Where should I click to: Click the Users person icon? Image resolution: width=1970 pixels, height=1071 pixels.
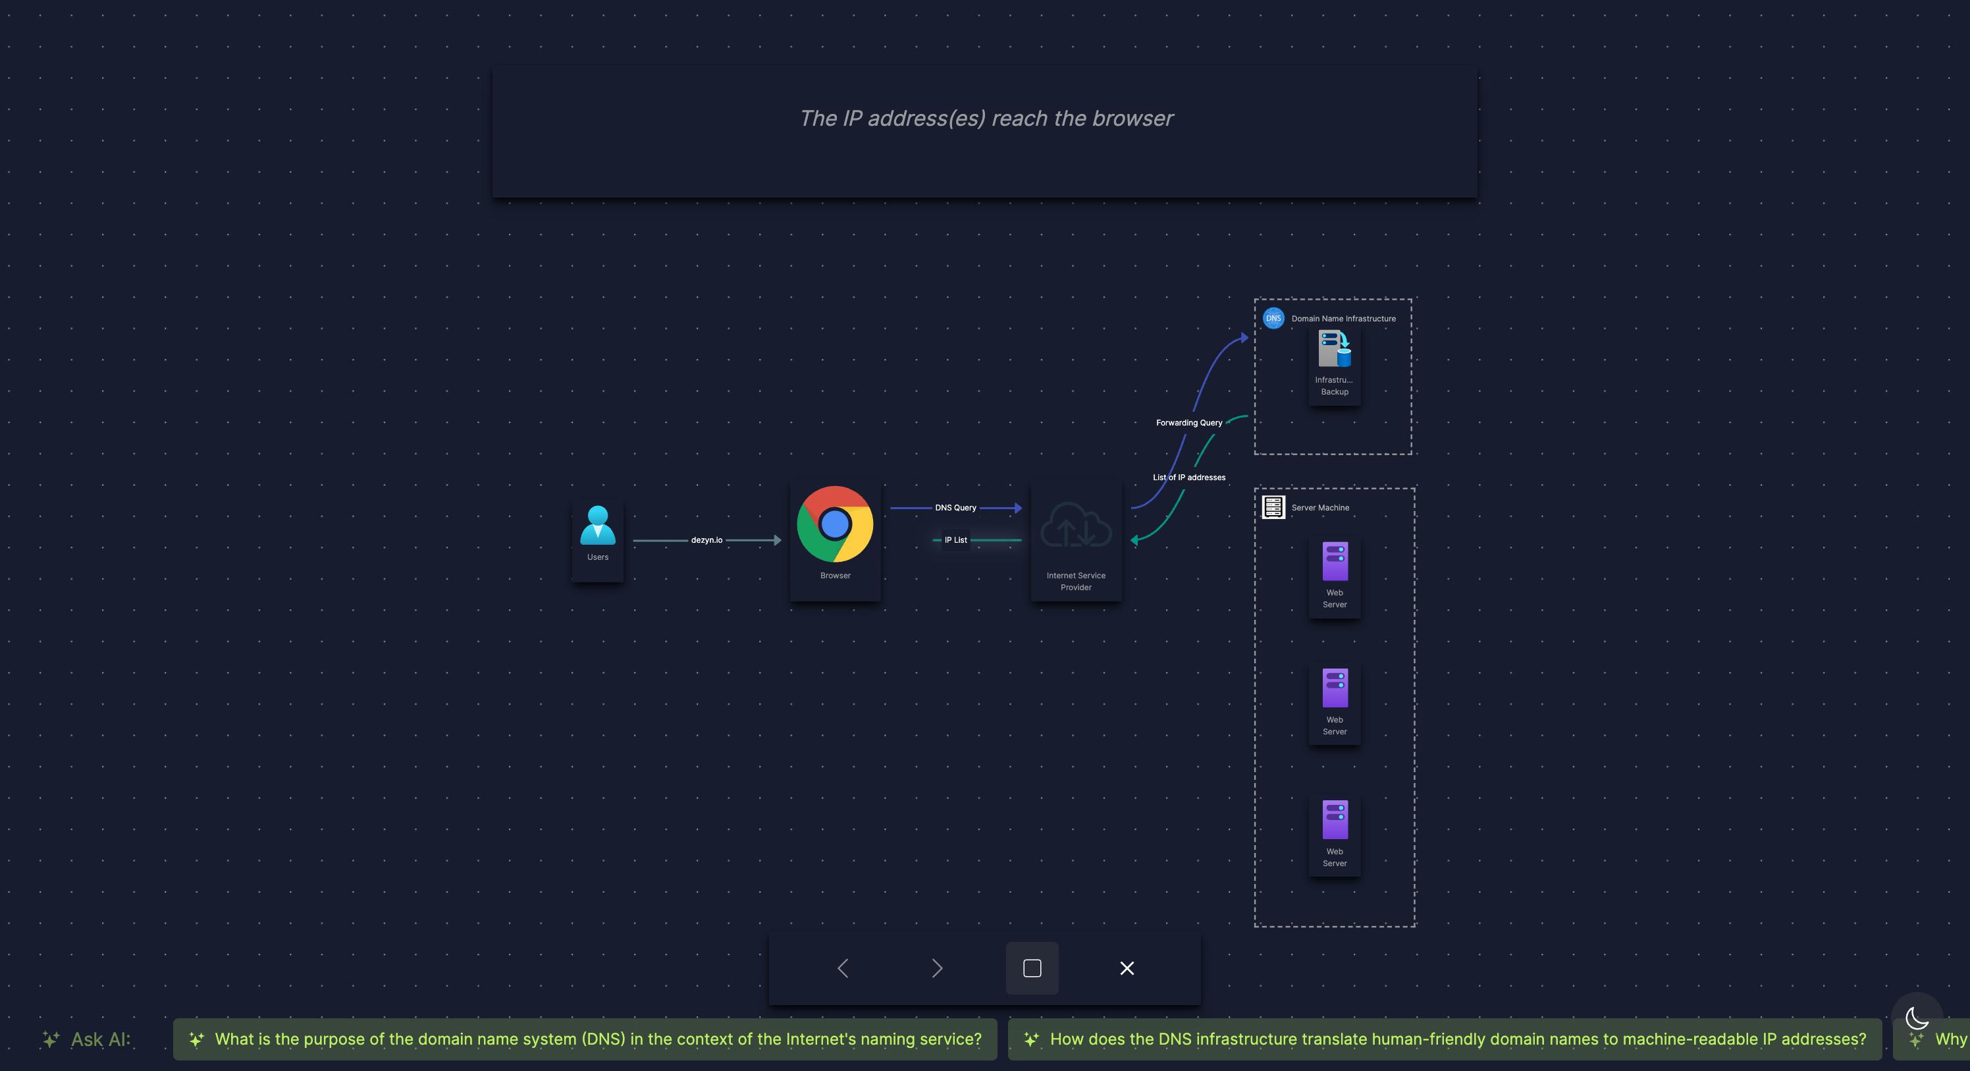pyautogui.click(x=597, y=525)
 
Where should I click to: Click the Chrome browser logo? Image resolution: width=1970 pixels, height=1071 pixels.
pyautogui.click(x=835, y=524)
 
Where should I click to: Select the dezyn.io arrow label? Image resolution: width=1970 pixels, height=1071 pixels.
pyautogui.click(x=706, y=540)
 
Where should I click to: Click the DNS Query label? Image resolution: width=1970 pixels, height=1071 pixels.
pyautogui.click(x=955, y=508)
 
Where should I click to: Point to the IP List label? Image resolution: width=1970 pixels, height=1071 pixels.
pyautogui.click(x=955, y=540)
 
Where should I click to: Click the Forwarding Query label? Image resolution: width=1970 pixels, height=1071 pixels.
pyautogui.click(x=1188, y=423)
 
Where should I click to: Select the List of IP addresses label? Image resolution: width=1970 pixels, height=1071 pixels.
pyautogui.click(x=1188, y=478)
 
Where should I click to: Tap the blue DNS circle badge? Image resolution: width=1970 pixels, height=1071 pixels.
pyautogui.click(x=1273, y=318)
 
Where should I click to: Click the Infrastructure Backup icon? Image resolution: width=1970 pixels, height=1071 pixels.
pyautogui.click(x=1335, y=349)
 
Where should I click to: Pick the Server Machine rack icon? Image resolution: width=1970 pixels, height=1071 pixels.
pyautogui.click(x=1273, y=507)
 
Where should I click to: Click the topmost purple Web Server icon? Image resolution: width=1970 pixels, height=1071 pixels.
pyautogui.click(x=1335, y=561)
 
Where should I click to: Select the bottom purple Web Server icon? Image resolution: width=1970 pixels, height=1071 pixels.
pyautogui.click(x=1335, y=820)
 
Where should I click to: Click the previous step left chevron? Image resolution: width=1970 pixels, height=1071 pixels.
pyautogui.click(x=843, y=968)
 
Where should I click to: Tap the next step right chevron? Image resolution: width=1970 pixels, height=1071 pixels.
pyautogui.click(x=938, y=968)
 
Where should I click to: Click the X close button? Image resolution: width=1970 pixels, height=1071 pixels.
pyautogui.click(x=1127, y=968)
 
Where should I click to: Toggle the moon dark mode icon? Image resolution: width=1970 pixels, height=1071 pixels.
pyautogui.click(x=1917, y=1018)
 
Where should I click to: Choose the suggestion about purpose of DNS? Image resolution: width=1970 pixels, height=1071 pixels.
pyautogui.click(x=585, y=1039)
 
